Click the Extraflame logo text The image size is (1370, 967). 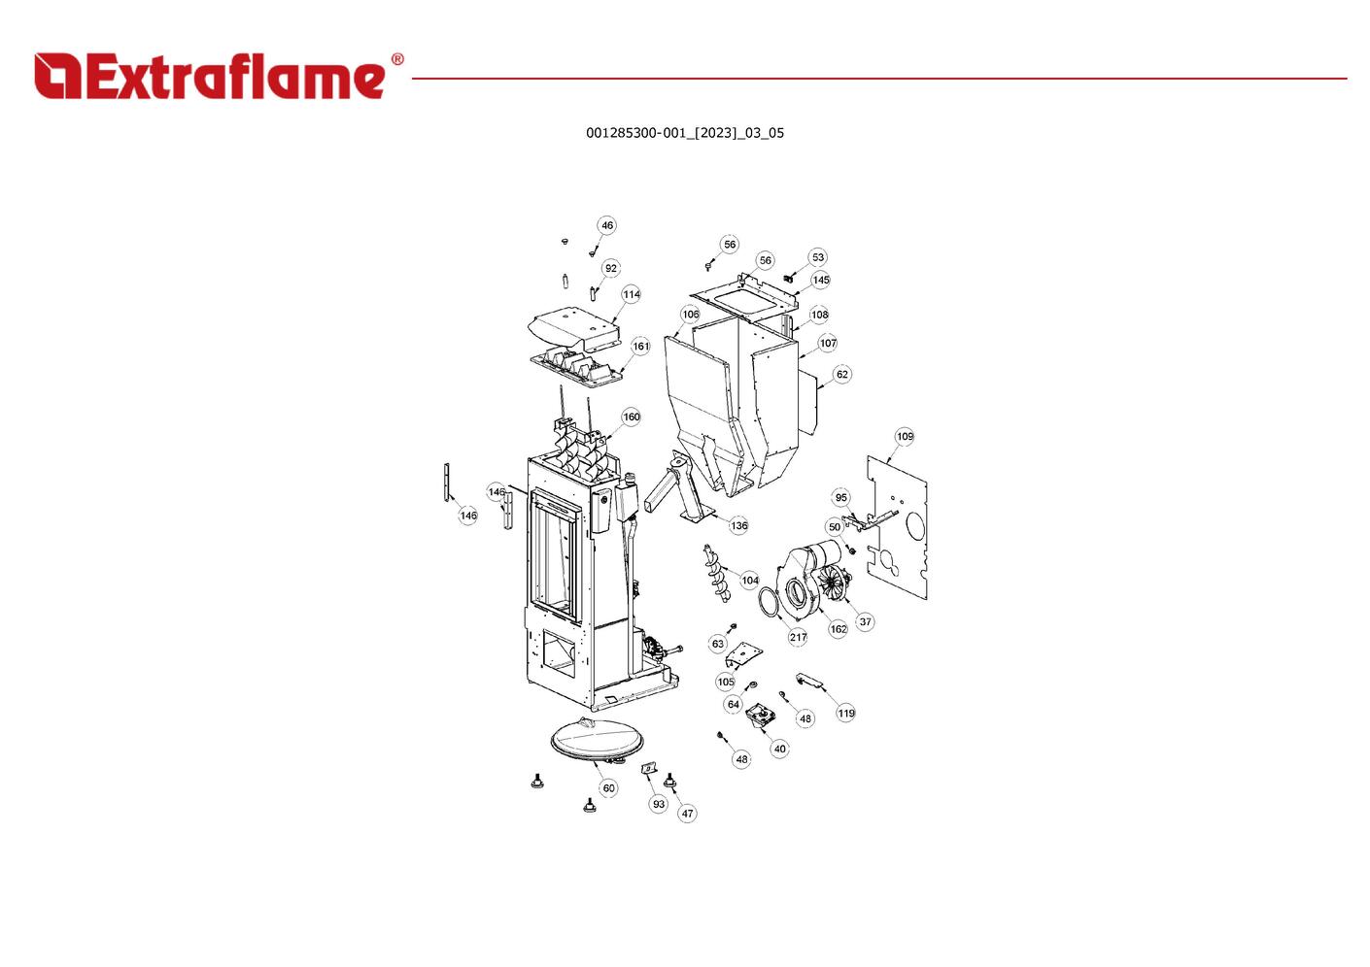(x=210, y=76)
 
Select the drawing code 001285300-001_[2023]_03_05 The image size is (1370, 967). (x=684, y=133)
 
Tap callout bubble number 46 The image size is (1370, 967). (x=606, y=225)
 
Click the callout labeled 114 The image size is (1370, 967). (x=632, y=294)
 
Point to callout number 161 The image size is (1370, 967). (x=641, y=347)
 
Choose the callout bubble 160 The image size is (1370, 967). (x=632, y=417)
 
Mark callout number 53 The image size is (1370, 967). (x=818, y=257)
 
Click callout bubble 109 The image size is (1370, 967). (x=905, y=437)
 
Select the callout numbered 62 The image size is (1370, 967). (x=842, y=374)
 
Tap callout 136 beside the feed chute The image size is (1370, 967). (x=738, y=525)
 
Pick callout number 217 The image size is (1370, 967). (x=798, y=637)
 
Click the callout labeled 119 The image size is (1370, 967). (x=846, y=714)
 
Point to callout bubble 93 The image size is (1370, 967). (x=658, y=804)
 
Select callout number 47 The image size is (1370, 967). (x=688, y=814)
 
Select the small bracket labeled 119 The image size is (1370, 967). (x=809, y=680)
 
